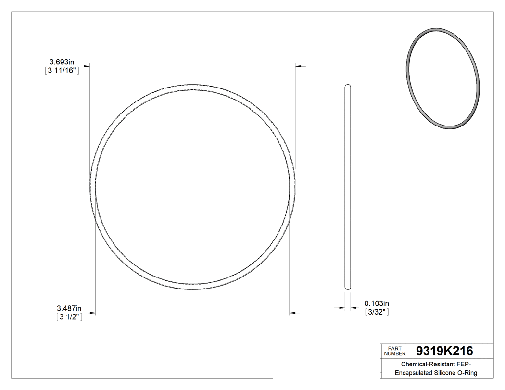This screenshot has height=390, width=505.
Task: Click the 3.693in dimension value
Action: [x=62, y=62]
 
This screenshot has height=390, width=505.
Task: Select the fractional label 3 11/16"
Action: [x=61, y=70]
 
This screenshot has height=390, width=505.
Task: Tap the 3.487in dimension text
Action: [x=69, y=308]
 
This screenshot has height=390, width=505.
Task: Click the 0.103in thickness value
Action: [x=377, y=303]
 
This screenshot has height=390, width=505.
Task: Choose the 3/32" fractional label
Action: [x=377, y=312]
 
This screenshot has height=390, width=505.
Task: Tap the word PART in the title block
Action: [x=394, y=348]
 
